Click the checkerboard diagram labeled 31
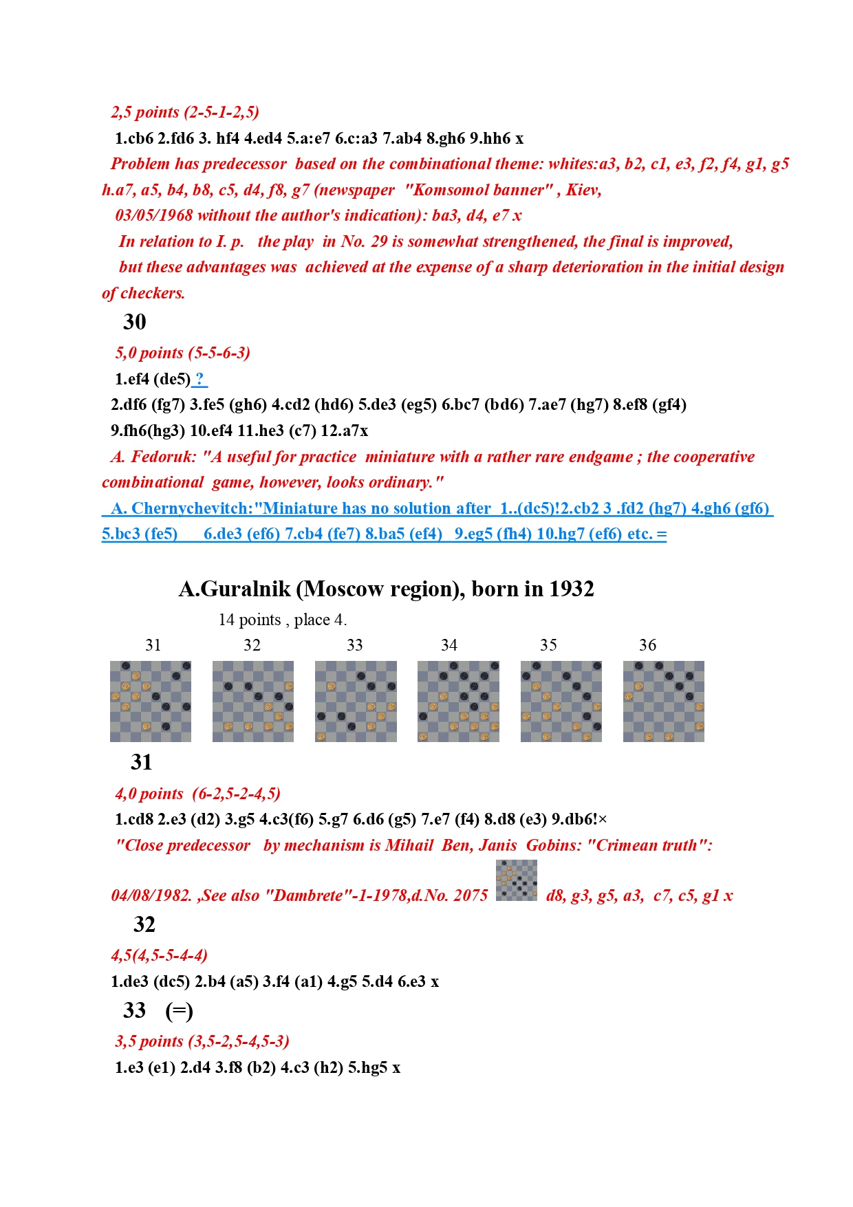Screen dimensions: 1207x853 [151, 702]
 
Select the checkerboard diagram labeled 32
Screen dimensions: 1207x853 [253, 702]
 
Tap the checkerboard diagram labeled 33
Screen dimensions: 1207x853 [356, 702]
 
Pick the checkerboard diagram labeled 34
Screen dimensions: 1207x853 [458, 702]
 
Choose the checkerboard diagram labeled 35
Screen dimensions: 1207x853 [561, 702]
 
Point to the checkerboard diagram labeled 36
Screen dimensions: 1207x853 [664, 702]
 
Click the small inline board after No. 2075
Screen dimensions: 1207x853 [517, 880]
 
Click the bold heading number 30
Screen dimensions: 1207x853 [135, 322]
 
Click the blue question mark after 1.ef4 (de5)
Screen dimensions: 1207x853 [199, 379]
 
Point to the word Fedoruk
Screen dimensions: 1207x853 [163, 457]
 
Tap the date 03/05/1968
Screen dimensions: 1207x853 [154, 215]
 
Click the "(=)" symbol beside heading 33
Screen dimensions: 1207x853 [179, 1011]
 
